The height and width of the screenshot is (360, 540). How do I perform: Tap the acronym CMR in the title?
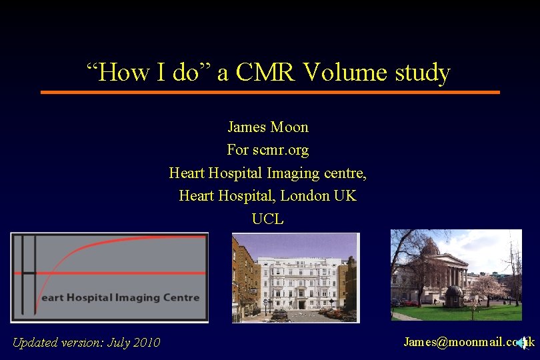(x=266, y=72)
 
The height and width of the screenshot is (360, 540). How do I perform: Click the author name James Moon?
(x=268, y=127)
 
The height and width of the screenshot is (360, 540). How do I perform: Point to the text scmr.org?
(x=281, y=150)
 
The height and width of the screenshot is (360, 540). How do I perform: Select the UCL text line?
(x=268, y=219)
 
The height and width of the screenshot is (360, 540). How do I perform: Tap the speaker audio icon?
(x=522, y=342)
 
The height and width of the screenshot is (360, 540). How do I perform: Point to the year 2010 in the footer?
(x=146, y=343)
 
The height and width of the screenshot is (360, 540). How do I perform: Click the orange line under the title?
(x=270, y=92)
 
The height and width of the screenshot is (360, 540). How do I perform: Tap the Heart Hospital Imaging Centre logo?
(x=109, y=277)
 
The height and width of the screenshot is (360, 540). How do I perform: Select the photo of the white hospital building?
(x=295, y=277)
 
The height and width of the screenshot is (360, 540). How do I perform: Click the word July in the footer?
(x=116, y=343)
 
